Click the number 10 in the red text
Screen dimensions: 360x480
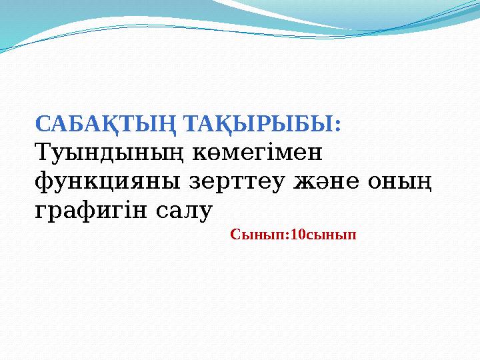tap(299, 235)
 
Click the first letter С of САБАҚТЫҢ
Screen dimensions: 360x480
tap(41, 124)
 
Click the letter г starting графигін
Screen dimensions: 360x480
tap(39, 211)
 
